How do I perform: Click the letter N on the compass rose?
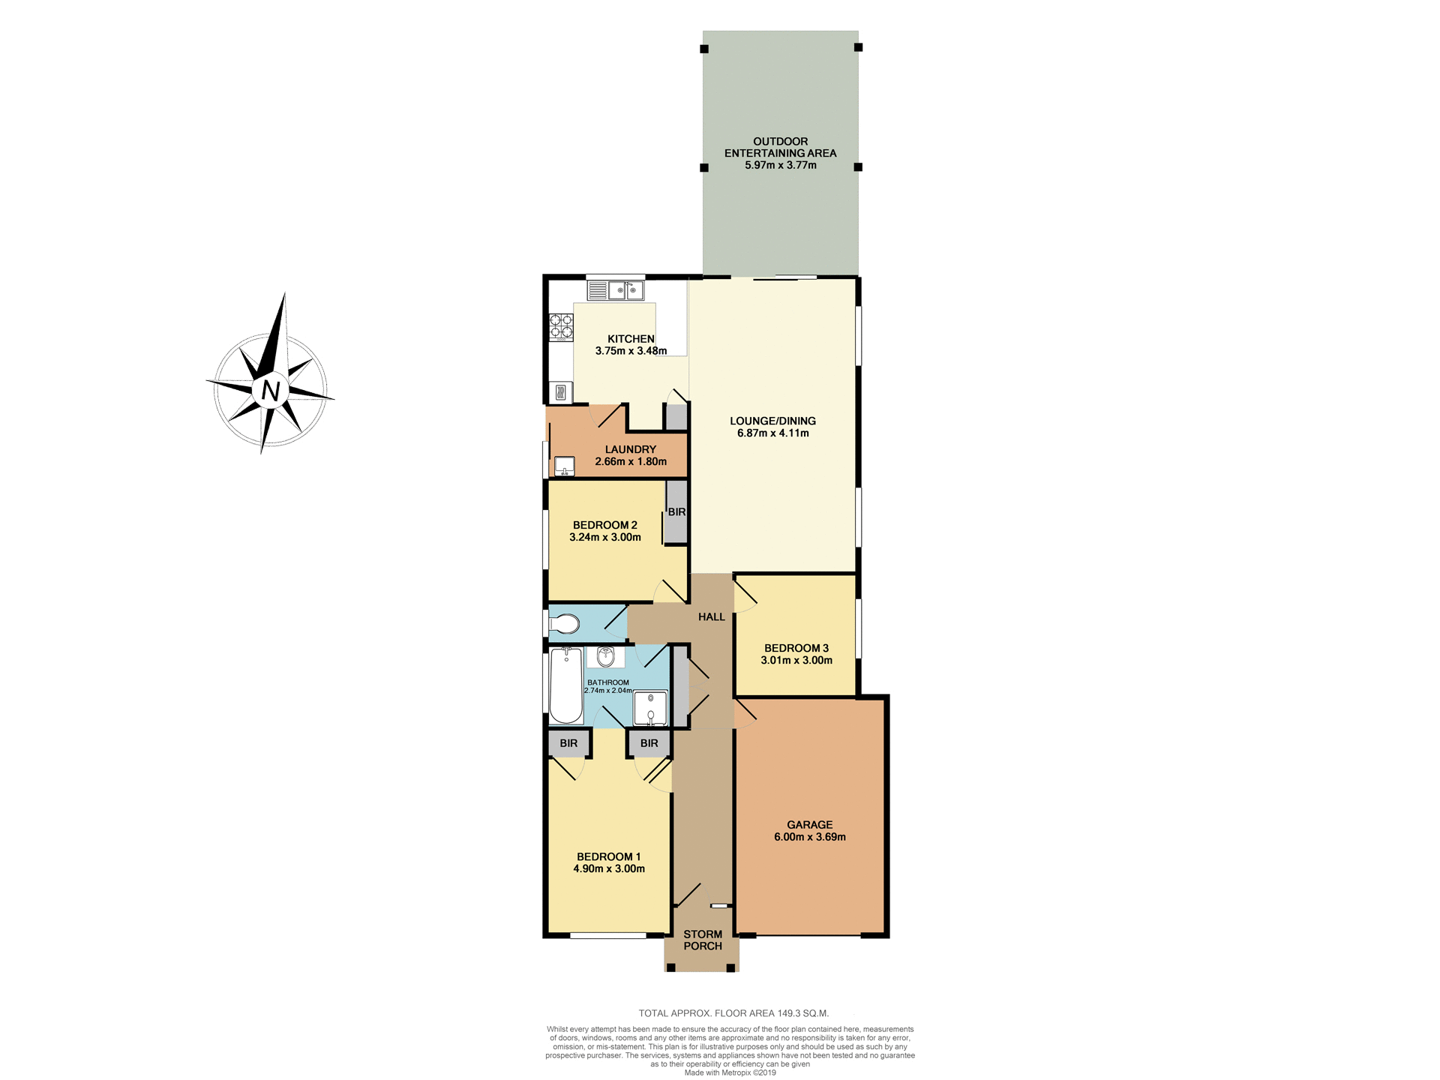(271, 391)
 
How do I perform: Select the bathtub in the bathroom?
(566, 685)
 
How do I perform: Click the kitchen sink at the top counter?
(626, 290)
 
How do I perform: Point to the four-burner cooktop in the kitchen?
(561, 325)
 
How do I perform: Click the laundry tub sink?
(564, 466)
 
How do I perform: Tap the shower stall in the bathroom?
(650, 707)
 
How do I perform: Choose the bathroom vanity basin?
(606, 657)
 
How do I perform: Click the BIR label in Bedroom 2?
(676, 512)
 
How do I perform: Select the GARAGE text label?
(809, 824)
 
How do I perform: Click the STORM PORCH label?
(703, 940)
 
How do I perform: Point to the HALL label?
(712, 616)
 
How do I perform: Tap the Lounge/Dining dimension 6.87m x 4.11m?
(772, 433)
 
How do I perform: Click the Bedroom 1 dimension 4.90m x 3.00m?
(609, 868)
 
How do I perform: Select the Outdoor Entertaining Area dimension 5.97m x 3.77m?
(780, 165)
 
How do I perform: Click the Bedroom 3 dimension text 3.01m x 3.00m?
(796, 660)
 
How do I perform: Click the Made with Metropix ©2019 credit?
(730, 1072)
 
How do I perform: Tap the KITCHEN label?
(631, 339)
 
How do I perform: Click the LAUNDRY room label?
(631, 449)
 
